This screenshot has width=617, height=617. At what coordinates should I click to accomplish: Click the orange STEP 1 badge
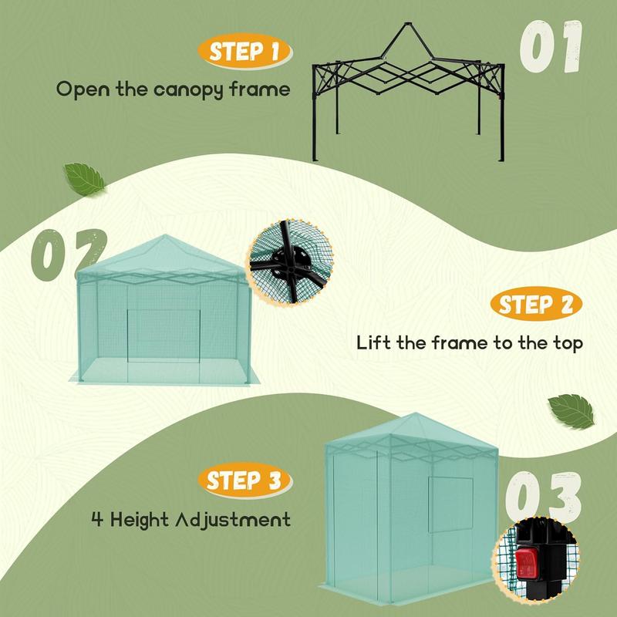244,51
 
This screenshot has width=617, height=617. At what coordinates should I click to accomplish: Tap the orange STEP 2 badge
536,304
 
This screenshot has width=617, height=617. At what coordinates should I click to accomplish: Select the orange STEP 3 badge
244,480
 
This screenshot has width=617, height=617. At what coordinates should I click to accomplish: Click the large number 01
550,46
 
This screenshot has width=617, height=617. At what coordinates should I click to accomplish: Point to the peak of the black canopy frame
408,24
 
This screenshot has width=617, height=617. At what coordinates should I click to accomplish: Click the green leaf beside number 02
84,180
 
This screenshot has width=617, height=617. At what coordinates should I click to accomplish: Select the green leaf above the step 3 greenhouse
571,411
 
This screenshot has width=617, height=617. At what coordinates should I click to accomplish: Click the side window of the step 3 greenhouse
450,505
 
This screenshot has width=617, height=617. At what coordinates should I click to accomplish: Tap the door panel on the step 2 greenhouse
164,335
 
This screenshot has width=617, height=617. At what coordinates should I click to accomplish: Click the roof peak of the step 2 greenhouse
165,235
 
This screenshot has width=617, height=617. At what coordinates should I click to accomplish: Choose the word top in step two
568,343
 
